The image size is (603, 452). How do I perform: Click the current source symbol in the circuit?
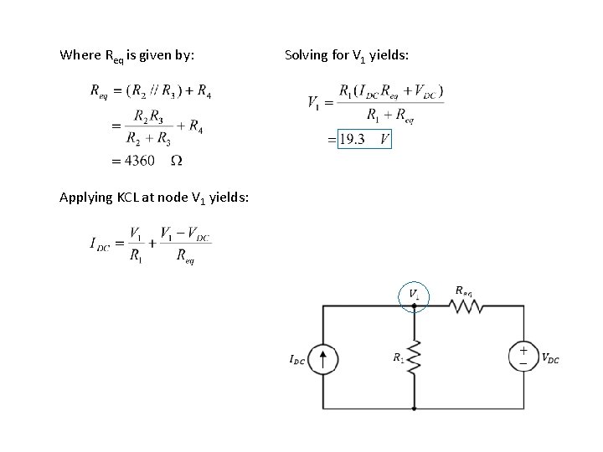point(324,360)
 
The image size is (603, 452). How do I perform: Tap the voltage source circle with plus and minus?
point(523,357)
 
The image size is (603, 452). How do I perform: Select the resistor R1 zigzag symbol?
point(414,358)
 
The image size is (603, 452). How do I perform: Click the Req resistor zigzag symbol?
point(467,307)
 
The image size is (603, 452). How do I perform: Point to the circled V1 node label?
point(414,295)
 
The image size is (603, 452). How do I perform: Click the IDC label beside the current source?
point(296,361)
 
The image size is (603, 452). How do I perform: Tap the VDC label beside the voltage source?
point(550,359)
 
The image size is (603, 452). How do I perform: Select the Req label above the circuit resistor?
point(464,290)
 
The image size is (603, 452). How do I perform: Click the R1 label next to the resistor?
point(398,357)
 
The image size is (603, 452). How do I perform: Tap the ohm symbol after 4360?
point(177,160)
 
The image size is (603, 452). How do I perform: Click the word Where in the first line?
point(79,56)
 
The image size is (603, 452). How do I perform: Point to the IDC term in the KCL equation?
point(100,244)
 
